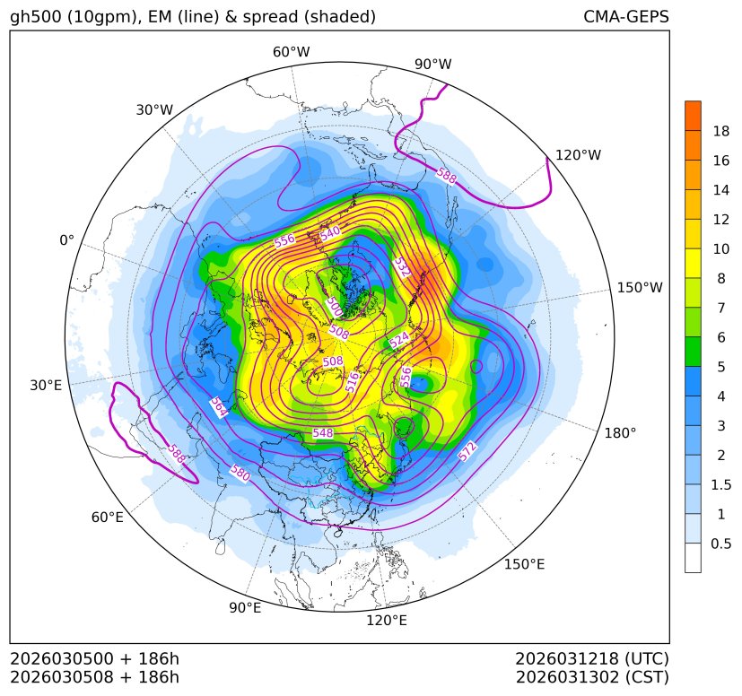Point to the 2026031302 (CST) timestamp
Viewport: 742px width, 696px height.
tap(592, 677)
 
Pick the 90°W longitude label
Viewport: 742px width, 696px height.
tap(433, 65)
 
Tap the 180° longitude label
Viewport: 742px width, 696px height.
tap(620, 433)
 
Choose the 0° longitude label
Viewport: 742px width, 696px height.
tap(67, 240)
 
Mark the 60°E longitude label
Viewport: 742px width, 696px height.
tap(107, 518)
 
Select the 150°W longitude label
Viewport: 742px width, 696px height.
tap(640, 288)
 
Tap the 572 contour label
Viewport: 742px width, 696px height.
tap(467, 453)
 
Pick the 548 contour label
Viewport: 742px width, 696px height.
tap(323, 433)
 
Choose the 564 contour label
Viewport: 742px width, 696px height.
tap(218, 407)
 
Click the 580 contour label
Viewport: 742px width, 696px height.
tap(240, 472)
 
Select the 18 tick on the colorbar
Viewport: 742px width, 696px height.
tap(721, 131)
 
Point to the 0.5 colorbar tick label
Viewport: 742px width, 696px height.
tap(721, 544)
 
